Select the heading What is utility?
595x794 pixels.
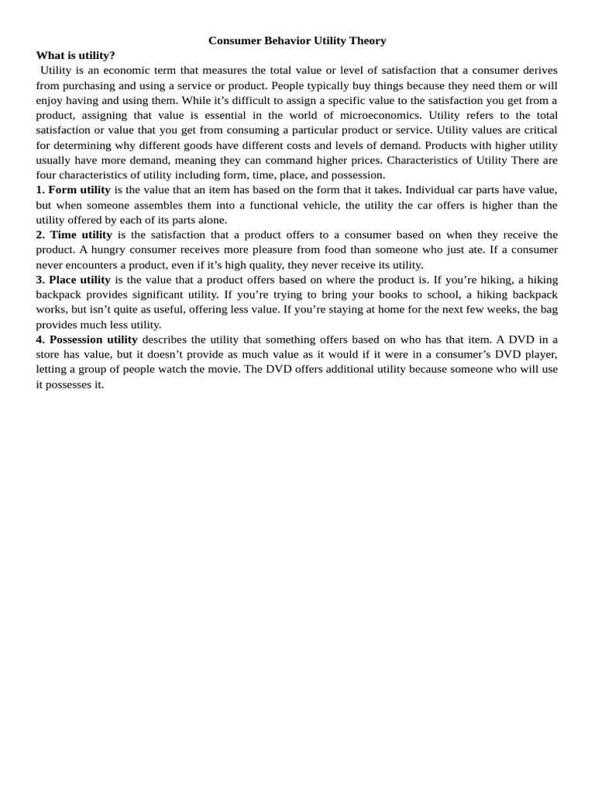click(x=75, y=55)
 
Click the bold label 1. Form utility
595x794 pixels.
click(x=73, y=190)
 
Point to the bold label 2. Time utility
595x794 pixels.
click(x=74, y=235)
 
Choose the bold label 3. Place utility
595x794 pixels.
click(x=73, y=280)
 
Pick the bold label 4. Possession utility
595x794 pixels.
click(x=87, y=340)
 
